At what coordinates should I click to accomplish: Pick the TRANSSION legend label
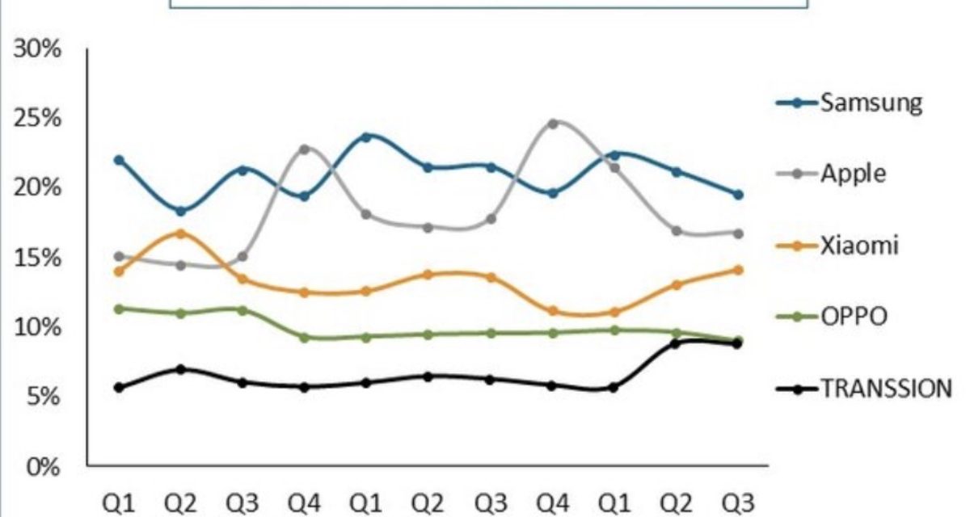886,389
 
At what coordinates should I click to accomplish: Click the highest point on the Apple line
553,124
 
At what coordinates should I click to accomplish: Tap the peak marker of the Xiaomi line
180,233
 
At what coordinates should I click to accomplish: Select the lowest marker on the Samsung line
180,212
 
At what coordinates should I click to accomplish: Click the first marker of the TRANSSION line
119,388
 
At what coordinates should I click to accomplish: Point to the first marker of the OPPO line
119,309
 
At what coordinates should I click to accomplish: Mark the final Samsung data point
738,195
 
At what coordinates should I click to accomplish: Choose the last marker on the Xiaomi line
738,270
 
